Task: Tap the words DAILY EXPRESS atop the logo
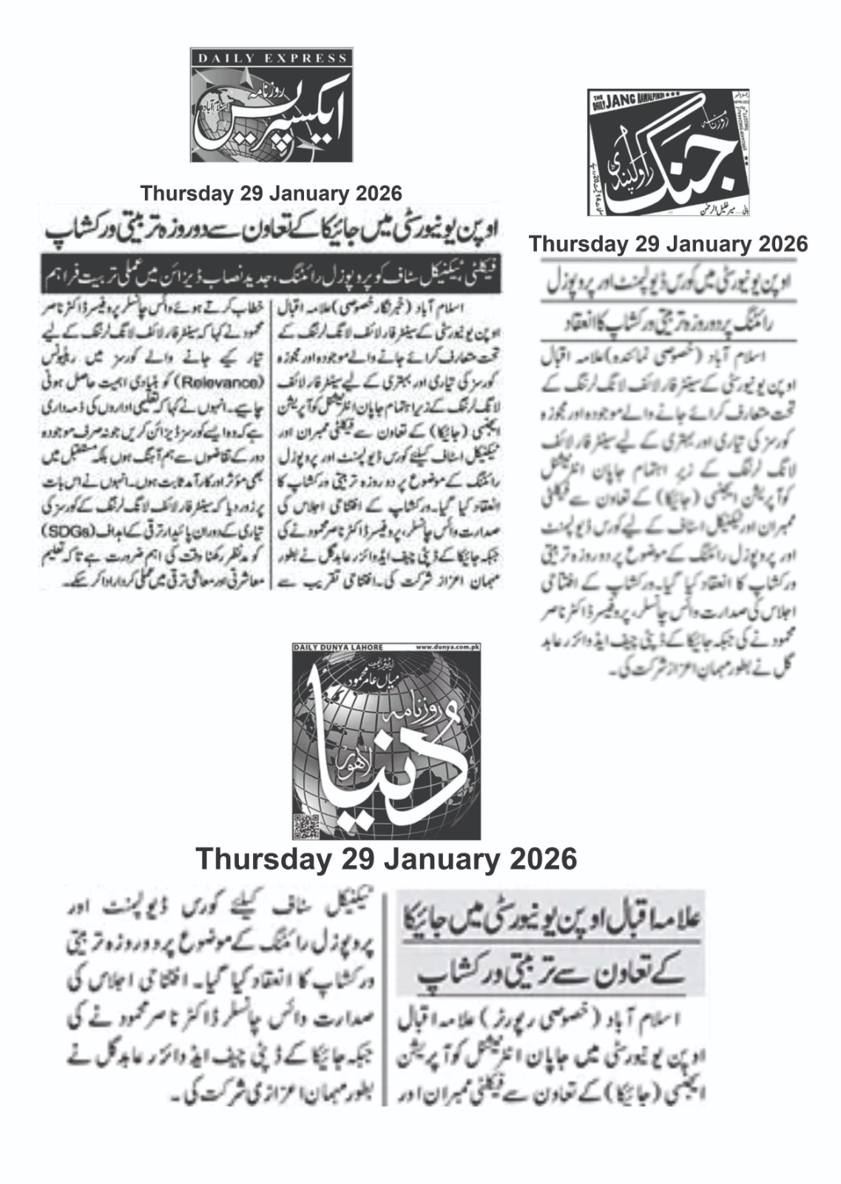[x=271, y=58]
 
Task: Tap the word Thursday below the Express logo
[x=184, y=194]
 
